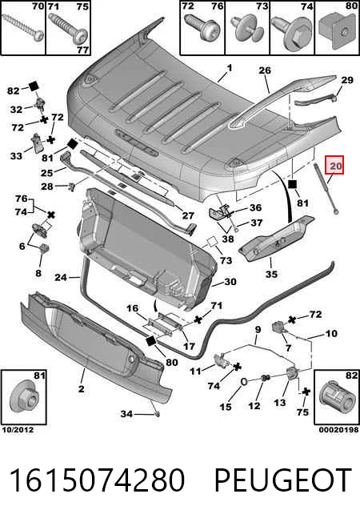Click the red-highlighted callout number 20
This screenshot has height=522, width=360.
pyautogui.click(x=335, y=165)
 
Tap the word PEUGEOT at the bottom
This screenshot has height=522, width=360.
pyautogui.click(x=283, y=480)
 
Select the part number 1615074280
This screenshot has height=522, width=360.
pyautogui.click(x=97, y=480)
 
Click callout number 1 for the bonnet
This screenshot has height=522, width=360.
pyautogui.click(x=230, y=68)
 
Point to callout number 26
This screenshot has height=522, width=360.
pyautogui.click(x=265, y=70)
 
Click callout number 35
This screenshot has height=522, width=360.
pyautogui.click(x=271, y=274)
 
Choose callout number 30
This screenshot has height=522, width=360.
pyautogui.click(x=230, y=282)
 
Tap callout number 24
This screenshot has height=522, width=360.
pyautogui.click(x=61, y=277)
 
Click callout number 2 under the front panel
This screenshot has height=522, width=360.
pyautogui.click(x=82, y=388)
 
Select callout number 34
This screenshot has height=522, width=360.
pyautogui.click(x=126, y=414)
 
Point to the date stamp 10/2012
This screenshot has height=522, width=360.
pyautogui.click(x=18, y=430)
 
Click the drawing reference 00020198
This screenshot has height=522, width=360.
pyautogui.click(x=338, y=430)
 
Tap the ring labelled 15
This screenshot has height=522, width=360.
pyautogui.click(x=244, y=382)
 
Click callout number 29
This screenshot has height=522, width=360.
pyautogui.click(x=347, y=80)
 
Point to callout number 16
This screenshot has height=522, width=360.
pyautogui.click(x=132, y=308)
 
